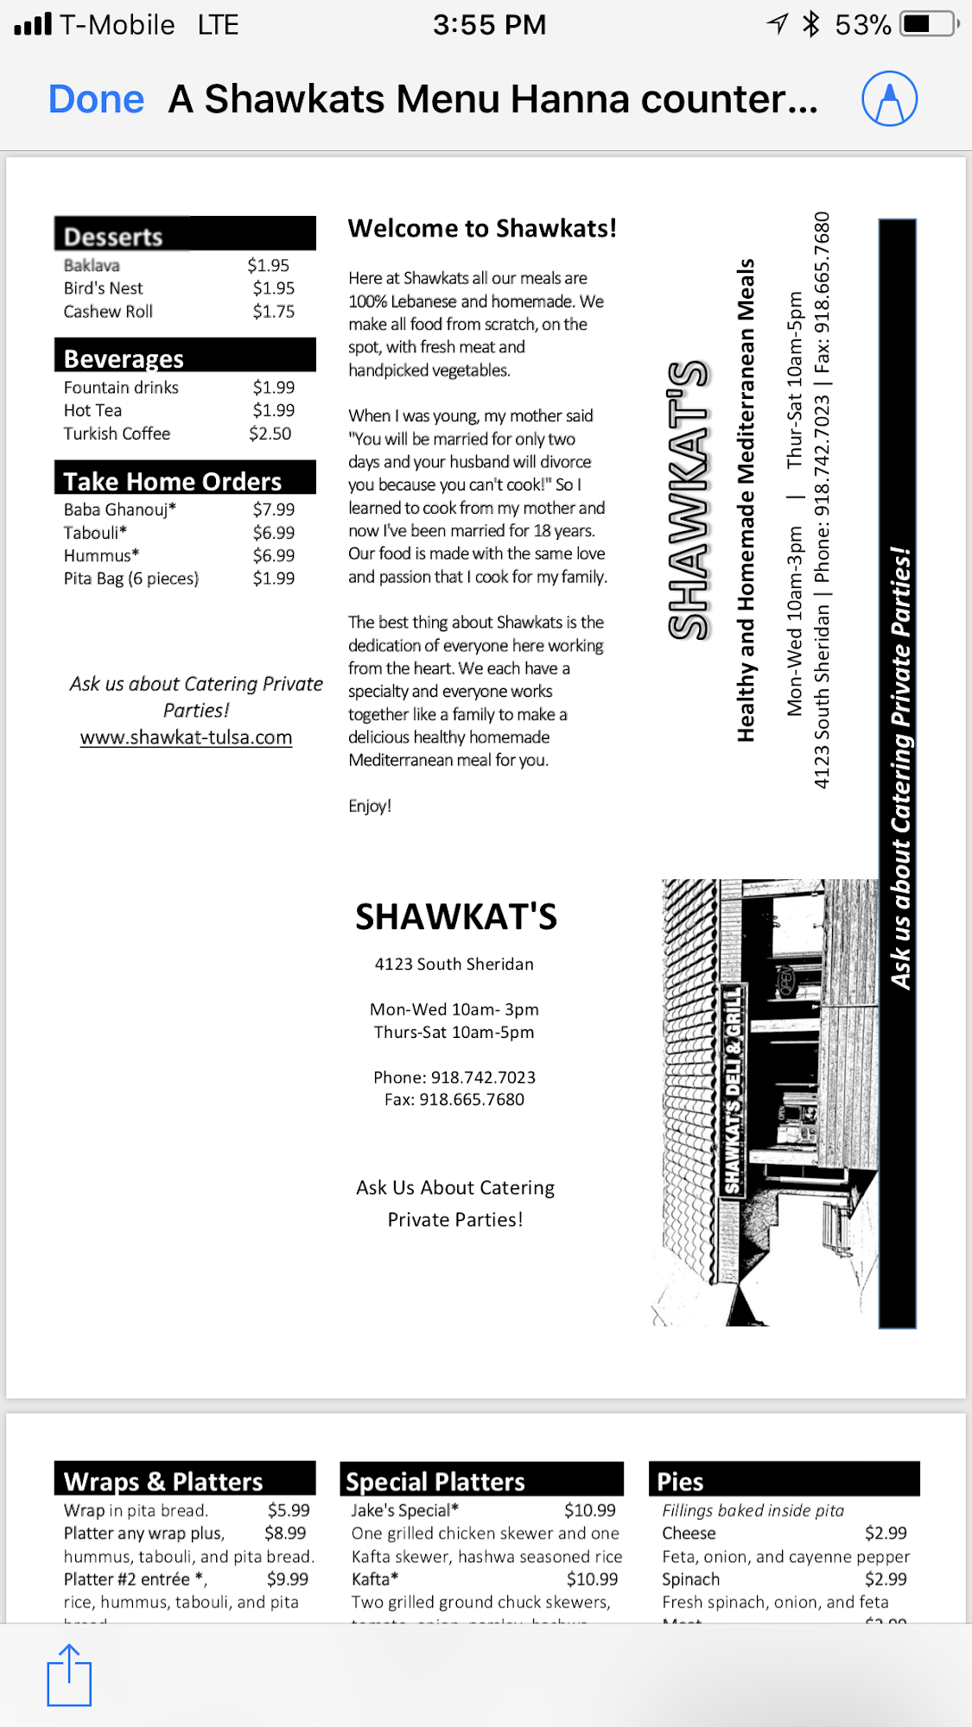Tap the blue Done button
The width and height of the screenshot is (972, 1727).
click(x=96, y=99)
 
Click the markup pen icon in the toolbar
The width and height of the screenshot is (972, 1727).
click(x=889, y=99)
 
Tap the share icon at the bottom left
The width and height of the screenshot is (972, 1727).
click(x=69, y=1675)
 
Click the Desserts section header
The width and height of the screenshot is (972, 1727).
click(x=113, y=237)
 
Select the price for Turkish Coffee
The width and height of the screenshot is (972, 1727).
click(x=270, y=433)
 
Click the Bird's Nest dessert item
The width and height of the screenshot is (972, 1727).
click(x=104, y=288)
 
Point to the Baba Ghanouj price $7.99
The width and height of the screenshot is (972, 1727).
click(x=274, y=509)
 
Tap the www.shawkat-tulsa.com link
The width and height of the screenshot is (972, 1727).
click(x=186, y=737)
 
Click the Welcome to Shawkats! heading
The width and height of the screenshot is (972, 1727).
click(x=482, y=229)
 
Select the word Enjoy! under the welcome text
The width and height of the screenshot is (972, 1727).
click(x=370, y=806)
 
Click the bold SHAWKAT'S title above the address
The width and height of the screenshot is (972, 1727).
click(x=456, y=917)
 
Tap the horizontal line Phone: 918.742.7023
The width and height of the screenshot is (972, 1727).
click(x=454, y=1077)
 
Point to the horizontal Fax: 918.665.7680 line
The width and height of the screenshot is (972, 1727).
click(x=454, y=1099)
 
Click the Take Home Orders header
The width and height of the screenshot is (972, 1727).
click(x=173, y=481)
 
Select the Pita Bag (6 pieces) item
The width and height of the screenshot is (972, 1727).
click(x=131, y=579)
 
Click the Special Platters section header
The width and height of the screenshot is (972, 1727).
click(x=435, y=1482)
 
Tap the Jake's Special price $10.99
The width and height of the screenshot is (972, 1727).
click(x=590, y=1510)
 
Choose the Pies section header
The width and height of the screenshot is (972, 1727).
click(x=681, y=1482)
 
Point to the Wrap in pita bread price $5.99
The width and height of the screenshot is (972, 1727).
click(x=289, y=1510)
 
